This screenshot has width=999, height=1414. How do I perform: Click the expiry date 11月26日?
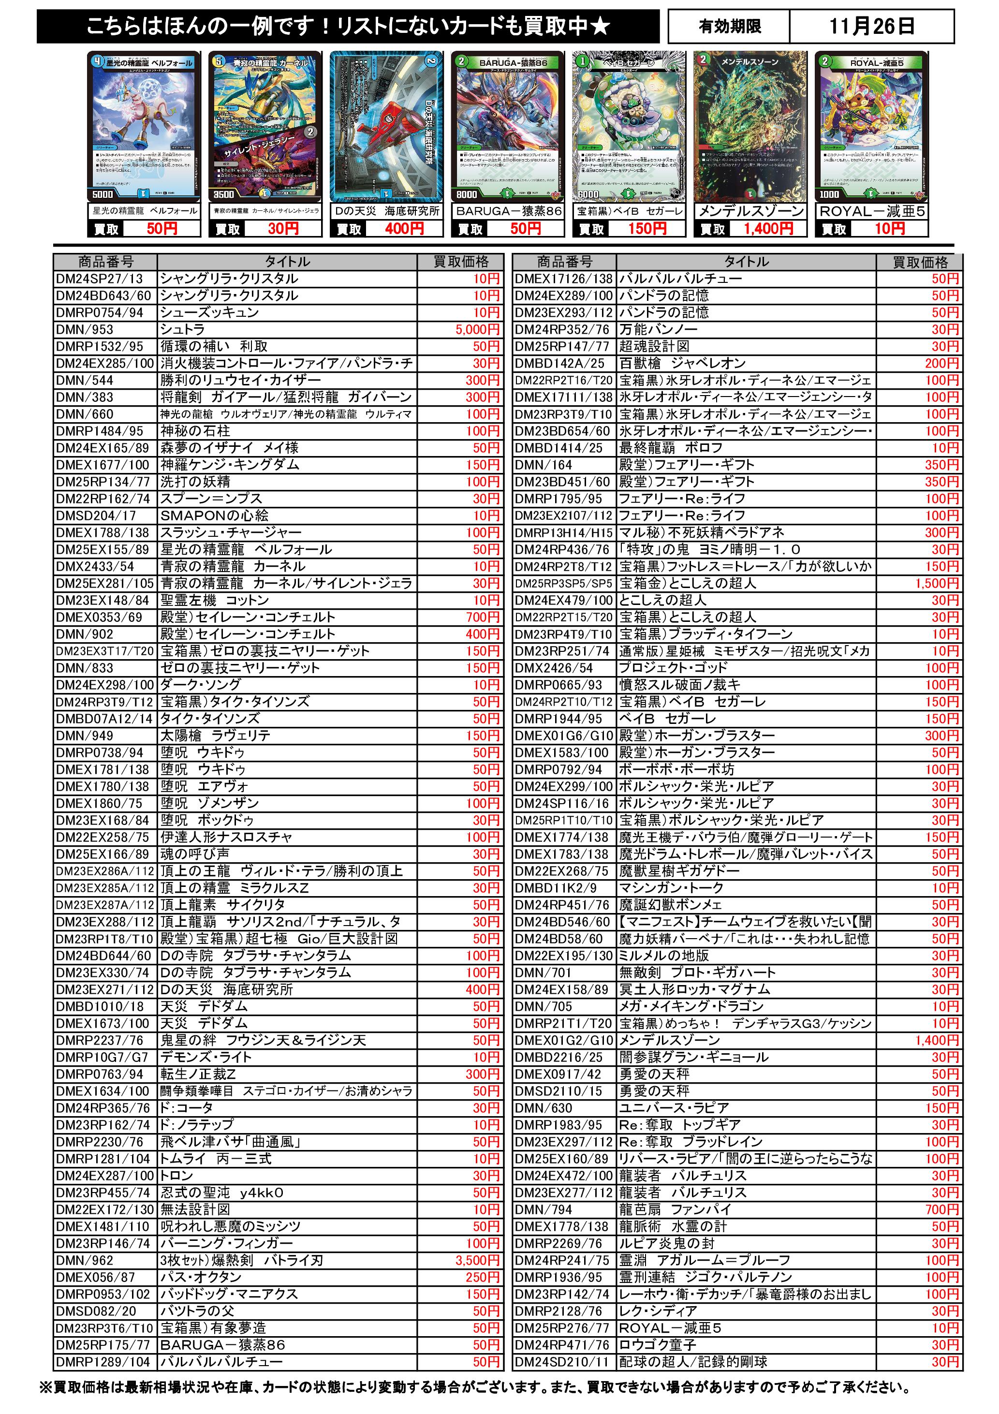[x=871, y=27]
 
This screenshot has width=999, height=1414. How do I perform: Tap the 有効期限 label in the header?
[x=730, y=27]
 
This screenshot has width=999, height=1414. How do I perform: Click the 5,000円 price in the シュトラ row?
[x=477, y=329]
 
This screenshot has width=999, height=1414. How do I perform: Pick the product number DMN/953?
[x=85, y=329]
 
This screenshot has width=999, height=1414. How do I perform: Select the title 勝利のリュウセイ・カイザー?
[x=241, y=380]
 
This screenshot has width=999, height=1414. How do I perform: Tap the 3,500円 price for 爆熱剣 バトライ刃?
[x=477, y=1260]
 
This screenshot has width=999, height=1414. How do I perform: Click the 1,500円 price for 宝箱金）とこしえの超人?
[x=937, y=583]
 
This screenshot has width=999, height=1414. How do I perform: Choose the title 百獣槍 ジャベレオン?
[x=682, y=363]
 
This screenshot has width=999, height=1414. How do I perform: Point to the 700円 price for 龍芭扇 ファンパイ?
[x=942, y=1209]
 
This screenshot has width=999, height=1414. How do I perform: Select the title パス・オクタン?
[x=201, y=1277]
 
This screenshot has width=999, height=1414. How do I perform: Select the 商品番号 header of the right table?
[x=564, y=262]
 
